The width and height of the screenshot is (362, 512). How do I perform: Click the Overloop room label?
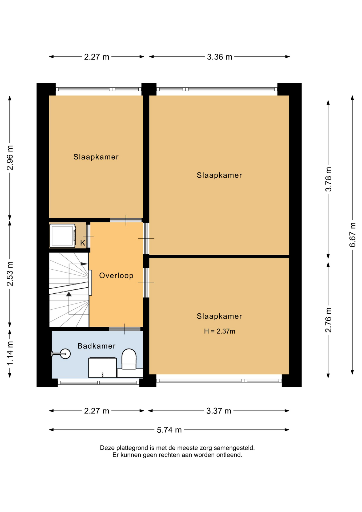[116, 275]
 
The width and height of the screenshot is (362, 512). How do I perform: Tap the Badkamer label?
[96, 346]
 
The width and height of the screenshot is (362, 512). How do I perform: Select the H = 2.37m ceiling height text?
[220, 331]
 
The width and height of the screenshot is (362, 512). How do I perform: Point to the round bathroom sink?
[65, 354]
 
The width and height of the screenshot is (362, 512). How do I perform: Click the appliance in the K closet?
[63, 236]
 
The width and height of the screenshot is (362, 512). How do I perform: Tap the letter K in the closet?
[83, 243]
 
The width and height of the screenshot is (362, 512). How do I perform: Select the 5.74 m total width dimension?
[169, 430]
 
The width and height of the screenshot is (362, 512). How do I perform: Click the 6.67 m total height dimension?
[352, 235]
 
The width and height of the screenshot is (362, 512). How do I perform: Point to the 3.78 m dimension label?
[328, 179]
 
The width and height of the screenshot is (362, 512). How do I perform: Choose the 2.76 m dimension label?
[328, 320]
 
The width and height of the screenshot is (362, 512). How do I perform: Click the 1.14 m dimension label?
[10, 353]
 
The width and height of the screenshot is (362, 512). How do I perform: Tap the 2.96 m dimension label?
[10, 158]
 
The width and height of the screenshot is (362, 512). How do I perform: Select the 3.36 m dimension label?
[220, 57]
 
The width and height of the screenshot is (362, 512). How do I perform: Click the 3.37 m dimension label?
[219, 411]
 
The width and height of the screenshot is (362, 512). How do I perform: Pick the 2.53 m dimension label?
[10, 274]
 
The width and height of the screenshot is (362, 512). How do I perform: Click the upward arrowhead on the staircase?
[69, 294]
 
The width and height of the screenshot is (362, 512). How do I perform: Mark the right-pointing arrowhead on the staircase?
[84, 264]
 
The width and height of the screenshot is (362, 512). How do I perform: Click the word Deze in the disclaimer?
[107, 448]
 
